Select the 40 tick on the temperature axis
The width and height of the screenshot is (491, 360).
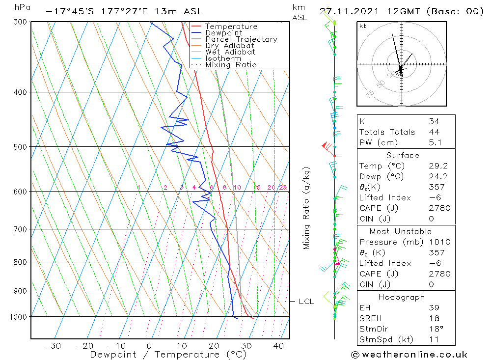pos(278,345)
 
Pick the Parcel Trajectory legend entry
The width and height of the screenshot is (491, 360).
pos(241,39)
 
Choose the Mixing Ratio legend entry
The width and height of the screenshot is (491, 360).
pos(231,65)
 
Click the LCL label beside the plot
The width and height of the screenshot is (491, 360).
pos(306,302)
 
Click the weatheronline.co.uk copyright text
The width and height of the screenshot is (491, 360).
pos(409,355)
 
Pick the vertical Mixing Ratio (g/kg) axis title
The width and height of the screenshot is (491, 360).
pos(307,208)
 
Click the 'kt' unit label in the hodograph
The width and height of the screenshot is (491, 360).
pos(363,26)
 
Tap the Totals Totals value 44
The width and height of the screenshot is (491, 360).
pos(434,132)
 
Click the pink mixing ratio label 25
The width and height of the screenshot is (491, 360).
pos(283,188)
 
